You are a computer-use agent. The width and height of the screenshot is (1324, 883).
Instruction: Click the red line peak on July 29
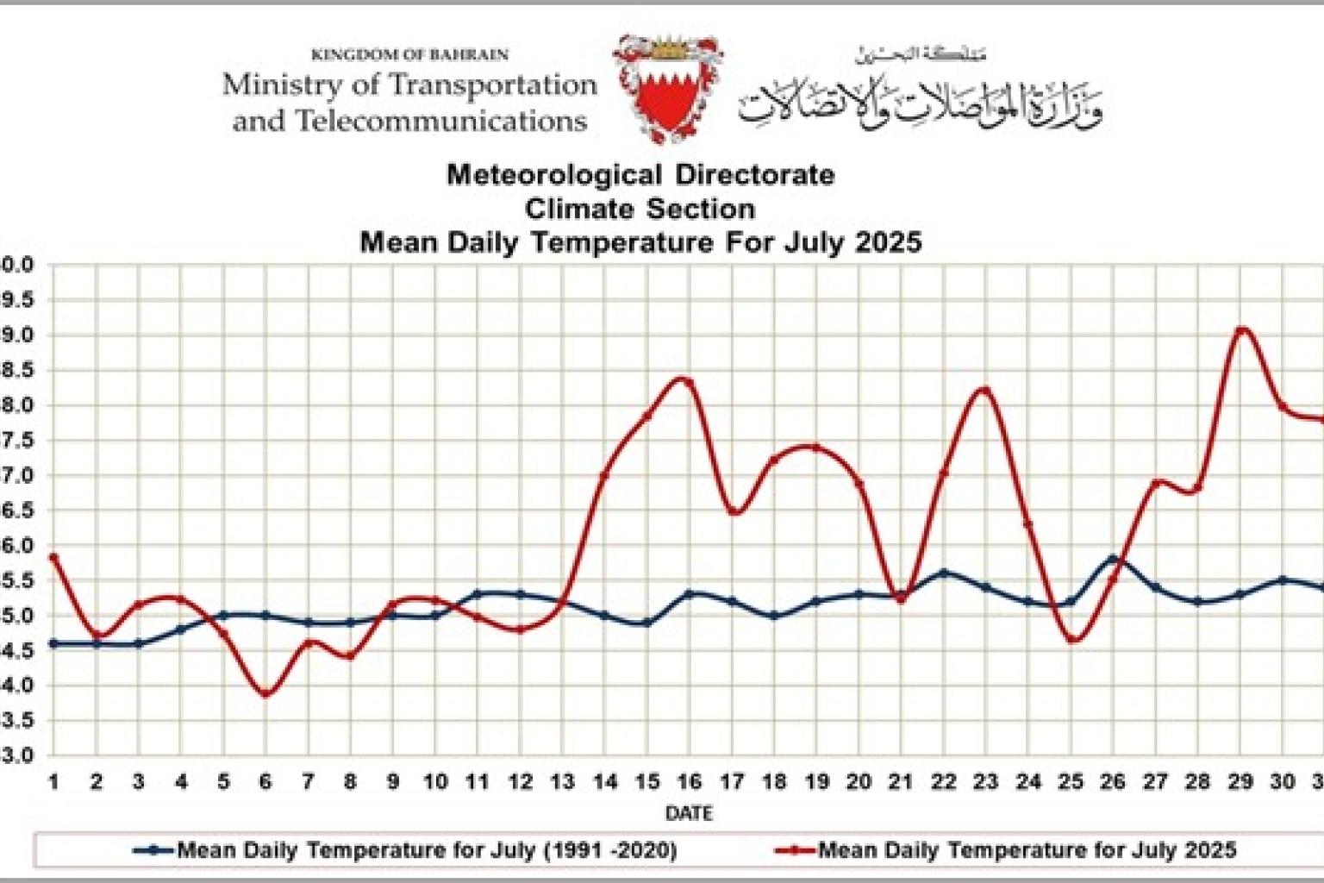pos(1240,329)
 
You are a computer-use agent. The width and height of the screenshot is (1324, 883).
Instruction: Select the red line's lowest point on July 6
pos(265,693)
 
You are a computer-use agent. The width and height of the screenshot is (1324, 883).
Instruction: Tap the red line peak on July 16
pos(687,379)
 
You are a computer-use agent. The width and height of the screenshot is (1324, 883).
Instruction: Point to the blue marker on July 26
pos(1113,560)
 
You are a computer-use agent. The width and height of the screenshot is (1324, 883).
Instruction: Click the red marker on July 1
pos(53,558)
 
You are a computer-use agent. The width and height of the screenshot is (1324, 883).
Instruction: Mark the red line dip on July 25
pos(1071,639)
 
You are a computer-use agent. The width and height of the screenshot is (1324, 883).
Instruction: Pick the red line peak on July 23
pos(985,391)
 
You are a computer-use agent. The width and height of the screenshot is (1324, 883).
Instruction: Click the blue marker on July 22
pos(943,573)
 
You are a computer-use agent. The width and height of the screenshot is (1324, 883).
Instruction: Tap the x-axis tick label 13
pos(562,782)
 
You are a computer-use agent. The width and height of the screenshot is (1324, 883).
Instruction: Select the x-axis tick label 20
pos(859,782)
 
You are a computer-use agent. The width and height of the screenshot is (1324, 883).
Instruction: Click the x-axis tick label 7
pos(308,782)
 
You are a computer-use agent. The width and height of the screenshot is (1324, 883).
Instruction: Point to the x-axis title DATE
pos(688,813)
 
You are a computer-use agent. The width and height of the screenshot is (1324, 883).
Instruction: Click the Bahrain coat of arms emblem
pos(667,88)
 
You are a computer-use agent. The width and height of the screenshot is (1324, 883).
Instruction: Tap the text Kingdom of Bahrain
pos(409,55)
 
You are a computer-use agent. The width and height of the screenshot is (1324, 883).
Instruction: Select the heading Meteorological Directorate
pos(640,175)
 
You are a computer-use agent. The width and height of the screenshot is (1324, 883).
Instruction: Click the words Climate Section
pos(640,209)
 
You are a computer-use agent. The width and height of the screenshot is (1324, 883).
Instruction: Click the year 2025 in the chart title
pos(888,242)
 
